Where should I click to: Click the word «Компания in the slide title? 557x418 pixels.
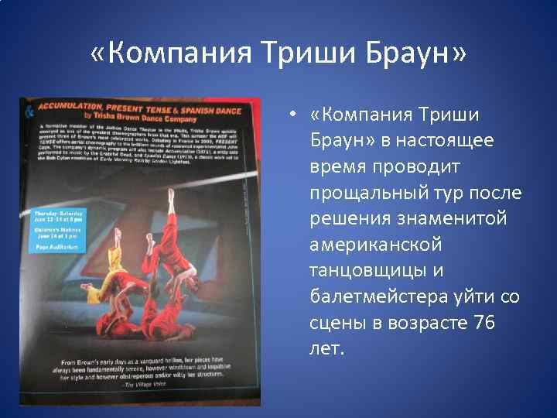(x=169, y=55)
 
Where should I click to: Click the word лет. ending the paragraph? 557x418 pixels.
(x=326, y=348)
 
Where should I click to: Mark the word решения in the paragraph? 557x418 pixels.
(x=347, y=219)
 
